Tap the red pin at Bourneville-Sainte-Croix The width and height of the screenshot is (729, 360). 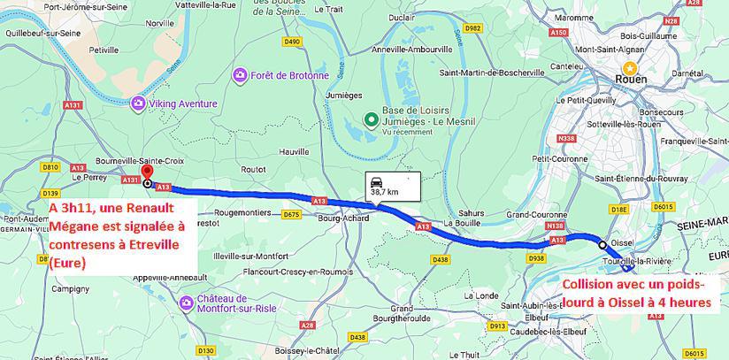(x=147, y=172)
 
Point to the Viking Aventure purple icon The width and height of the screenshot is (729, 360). (x=138, y=104)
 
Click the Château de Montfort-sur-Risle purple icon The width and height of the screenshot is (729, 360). (x=186, y=303)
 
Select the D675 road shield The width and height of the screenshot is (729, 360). (x=291, y=215)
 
